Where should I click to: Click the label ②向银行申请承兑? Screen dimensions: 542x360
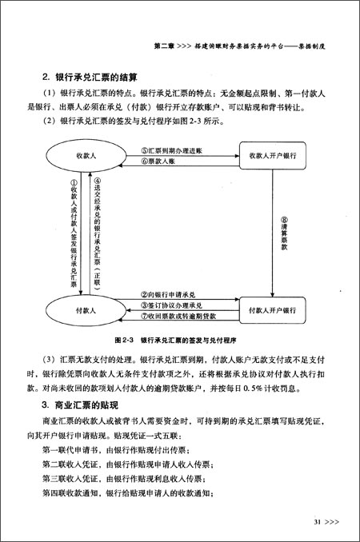click(x=169, y=295)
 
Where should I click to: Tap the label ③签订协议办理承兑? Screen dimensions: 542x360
click(x=171, y=306)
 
